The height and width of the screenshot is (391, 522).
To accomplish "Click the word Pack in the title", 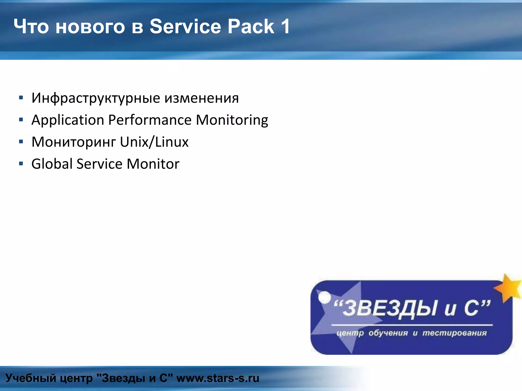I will (251, 26).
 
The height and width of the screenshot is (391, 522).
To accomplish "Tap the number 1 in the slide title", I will (285, 26).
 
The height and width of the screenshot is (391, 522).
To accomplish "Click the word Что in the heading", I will (31, 26).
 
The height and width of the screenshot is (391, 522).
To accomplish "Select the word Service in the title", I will (185, 26).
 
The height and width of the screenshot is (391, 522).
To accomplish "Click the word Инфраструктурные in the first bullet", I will (96, 98).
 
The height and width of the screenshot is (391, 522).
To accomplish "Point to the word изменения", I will (201, 98).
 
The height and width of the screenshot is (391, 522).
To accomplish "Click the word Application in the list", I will (68, 120).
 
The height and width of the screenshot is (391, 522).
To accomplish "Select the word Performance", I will (150, 120).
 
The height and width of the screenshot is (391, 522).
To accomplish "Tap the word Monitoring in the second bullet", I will (232, 120).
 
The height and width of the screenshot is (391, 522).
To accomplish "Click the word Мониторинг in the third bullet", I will (74, 142).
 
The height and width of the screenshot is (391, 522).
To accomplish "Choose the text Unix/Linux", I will (154, 142).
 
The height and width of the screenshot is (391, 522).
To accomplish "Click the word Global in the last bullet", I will (52, 164).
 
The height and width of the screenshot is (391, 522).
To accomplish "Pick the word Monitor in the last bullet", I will (153, 164).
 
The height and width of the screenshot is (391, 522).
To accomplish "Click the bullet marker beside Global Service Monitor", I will (21, 163).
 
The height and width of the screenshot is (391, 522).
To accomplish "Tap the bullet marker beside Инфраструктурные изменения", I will (21, 97).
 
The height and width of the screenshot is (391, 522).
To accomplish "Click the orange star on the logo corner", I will (508, 288).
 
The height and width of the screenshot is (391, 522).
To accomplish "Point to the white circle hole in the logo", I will (324, 297).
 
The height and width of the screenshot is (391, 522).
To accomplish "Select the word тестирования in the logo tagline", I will (454, 333).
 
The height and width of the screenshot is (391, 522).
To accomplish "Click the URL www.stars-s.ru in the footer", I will (218, 378).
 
